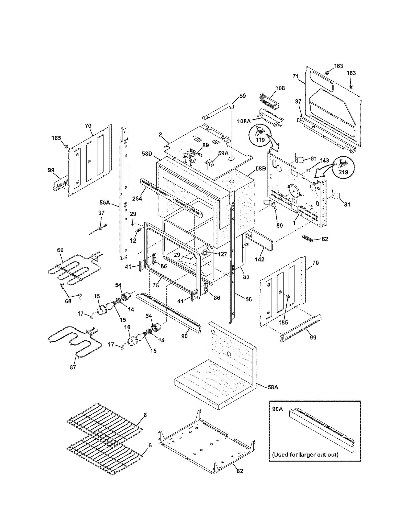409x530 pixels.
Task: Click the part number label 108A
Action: pos(244,121)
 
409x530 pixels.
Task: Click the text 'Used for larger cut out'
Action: pos(305,455)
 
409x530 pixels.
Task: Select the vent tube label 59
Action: pos(242,96)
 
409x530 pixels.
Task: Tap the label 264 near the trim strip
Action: pos(137,198)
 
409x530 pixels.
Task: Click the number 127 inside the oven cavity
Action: pos(222,255)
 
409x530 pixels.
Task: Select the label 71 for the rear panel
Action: pos(296,76)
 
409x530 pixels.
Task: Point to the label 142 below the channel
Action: pos(259,259)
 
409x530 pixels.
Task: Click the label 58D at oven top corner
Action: pos(147,154)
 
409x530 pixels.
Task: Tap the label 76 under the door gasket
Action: pos(156,285)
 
